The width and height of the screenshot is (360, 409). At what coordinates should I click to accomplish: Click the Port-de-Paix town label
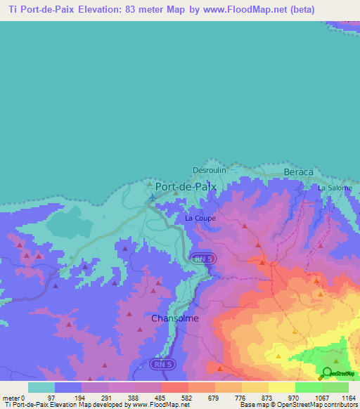(x=186, y=188)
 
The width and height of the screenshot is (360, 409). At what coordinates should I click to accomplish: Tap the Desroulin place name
(x=209, y=170)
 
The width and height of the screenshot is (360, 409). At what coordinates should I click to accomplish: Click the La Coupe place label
(x=200, y=219)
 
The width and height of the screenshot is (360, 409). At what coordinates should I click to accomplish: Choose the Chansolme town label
(x=175, y=318)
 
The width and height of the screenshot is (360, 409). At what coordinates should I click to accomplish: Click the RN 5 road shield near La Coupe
(x=202, y=259)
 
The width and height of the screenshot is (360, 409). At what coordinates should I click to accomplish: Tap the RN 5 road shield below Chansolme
(x=162, y=364)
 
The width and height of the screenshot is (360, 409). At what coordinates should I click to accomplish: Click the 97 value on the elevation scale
(x=51, y=398)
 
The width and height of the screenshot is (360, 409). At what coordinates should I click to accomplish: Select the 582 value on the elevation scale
(x=186, y=398)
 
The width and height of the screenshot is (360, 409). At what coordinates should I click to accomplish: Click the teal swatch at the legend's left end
(x=41, y=387)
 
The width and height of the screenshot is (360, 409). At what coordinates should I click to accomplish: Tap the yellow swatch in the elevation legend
(x=281, y=387)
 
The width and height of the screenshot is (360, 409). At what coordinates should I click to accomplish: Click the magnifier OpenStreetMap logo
(x=328, y=374)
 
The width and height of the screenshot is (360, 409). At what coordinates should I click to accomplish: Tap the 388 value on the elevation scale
(x=132, y=398)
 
